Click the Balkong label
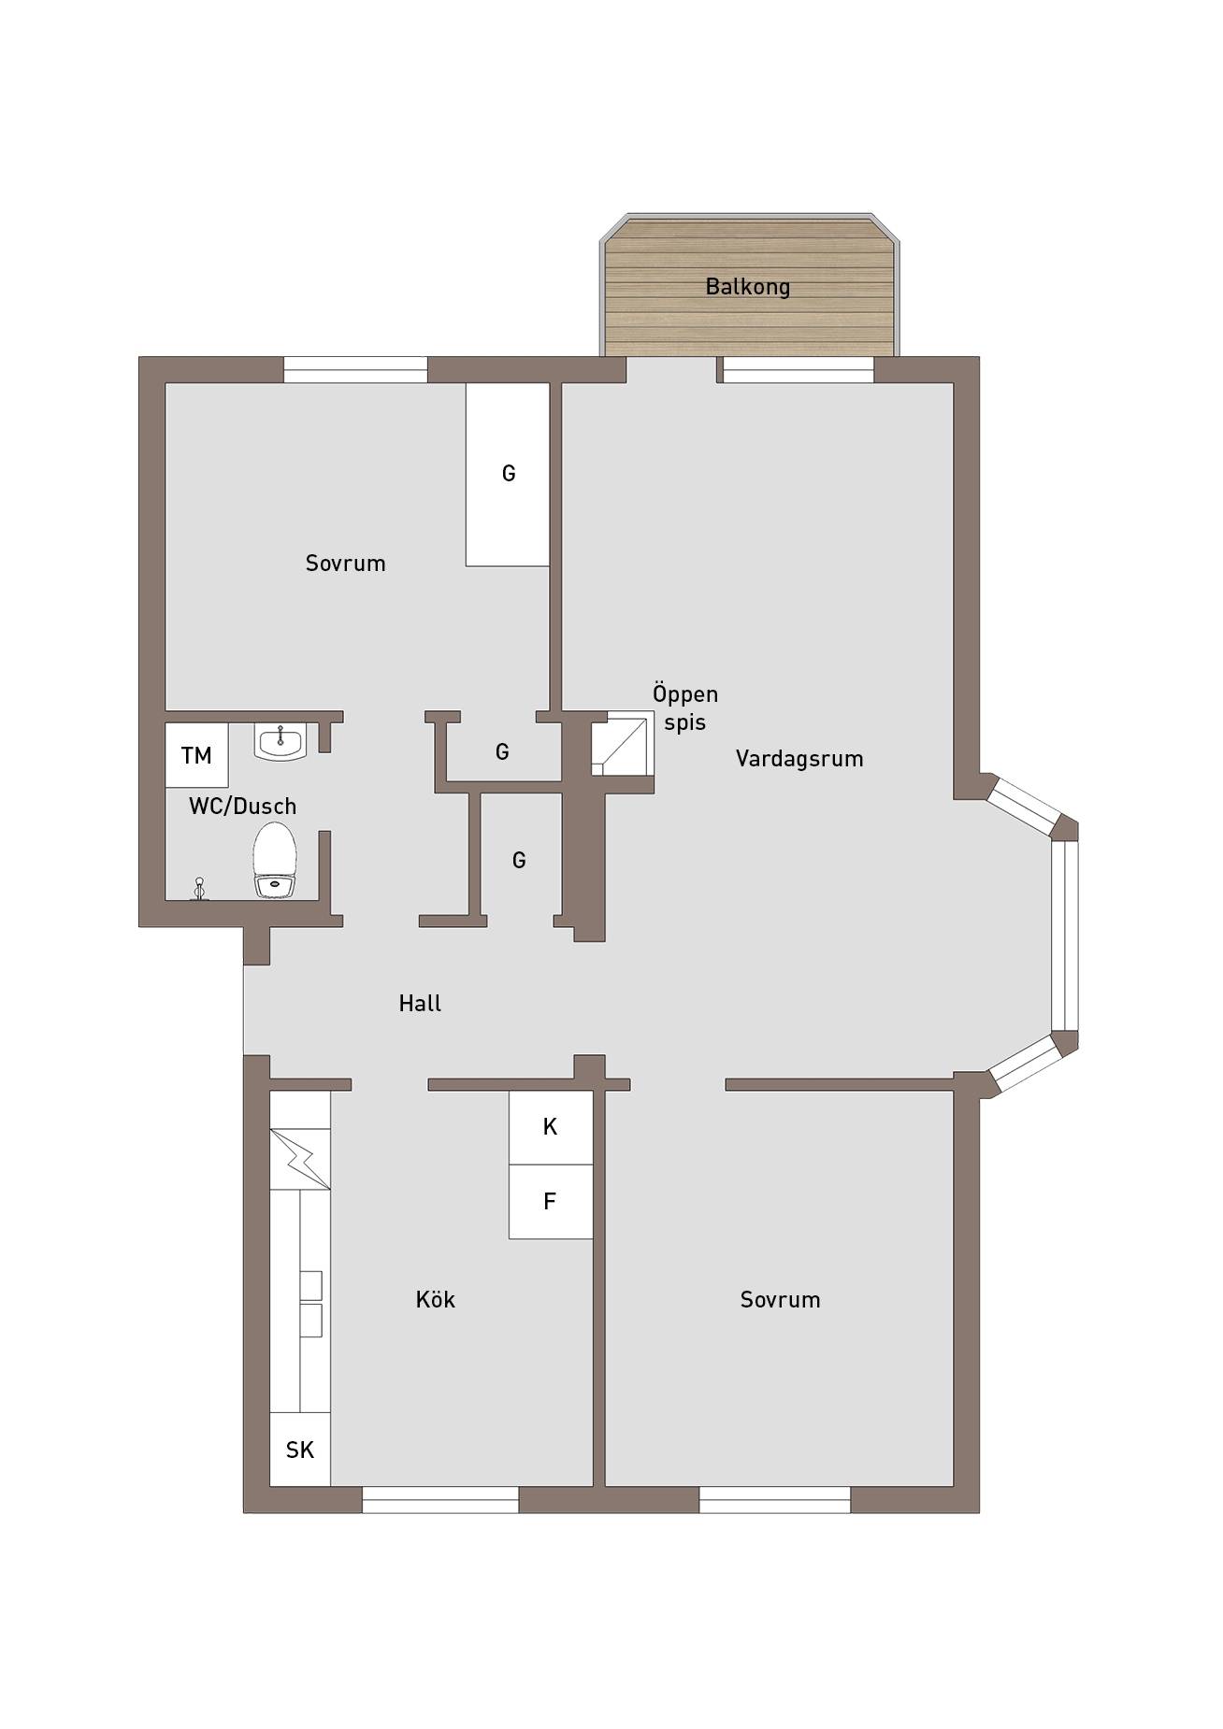pos(747,287)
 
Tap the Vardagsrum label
pos(799,759)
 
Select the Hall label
pos(420,1004)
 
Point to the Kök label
pos(436,1299)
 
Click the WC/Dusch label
pos(242,806)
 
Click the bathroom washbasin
pos(280,742)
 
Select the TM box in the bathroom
pos(196,755)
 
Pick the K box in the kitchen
pos(551,1127)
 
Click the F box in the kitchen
pos(551,1202)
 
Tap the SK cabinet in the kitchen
pos(300,1449)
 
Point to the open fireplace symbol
pos(622,744)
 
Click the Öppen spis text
pos(685,708)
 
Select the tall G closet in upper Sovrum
pos(508,474)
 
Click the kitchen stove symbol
pos(300,1159)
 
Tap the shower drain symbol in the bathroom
pos(198,889)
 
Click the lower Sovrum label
pos(780,1299)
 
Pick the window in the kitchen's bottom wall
pos(440,1499)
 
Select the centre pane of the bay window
pos(1065,936)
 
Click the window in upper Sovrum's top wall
pos(355,370)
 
